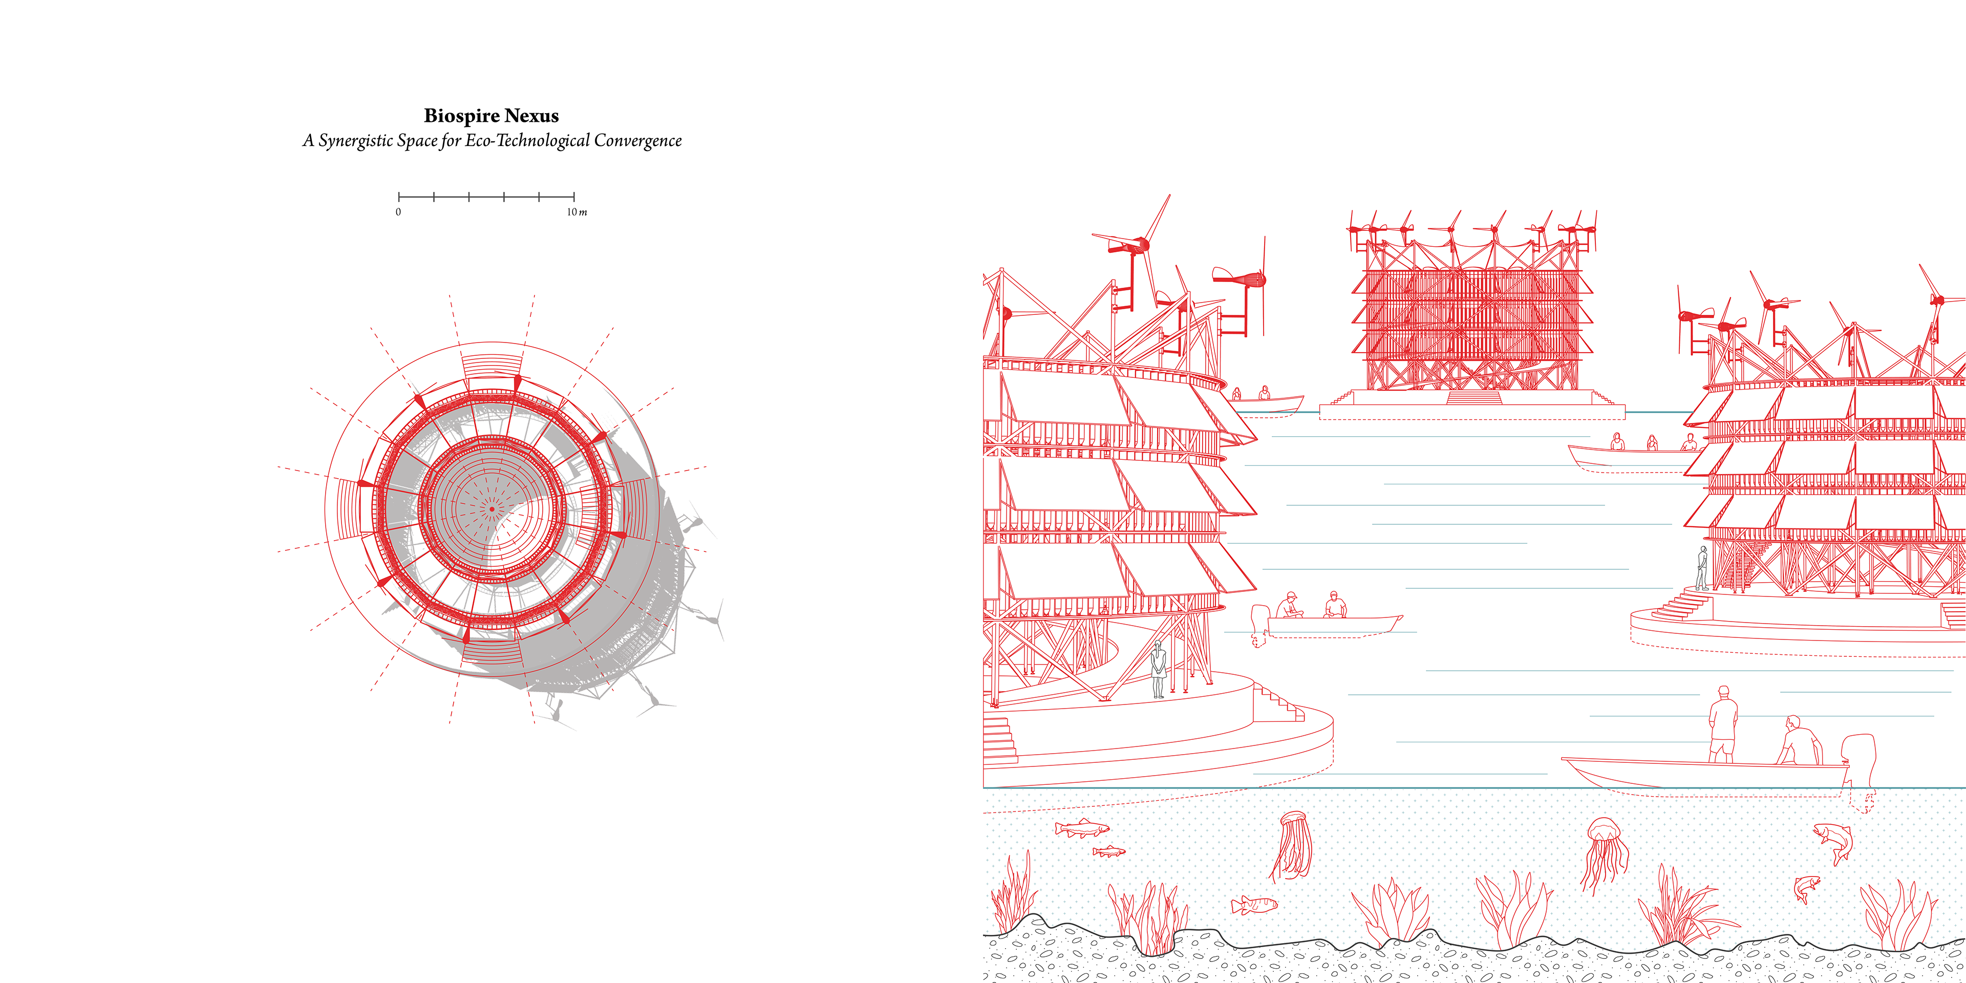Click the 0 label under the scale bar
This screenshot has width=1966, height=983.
(398, 212)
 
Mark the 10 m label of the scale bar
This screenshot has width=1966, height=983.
(576, 212)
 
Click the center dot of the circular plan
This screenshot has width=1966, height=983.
(492, 508)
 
